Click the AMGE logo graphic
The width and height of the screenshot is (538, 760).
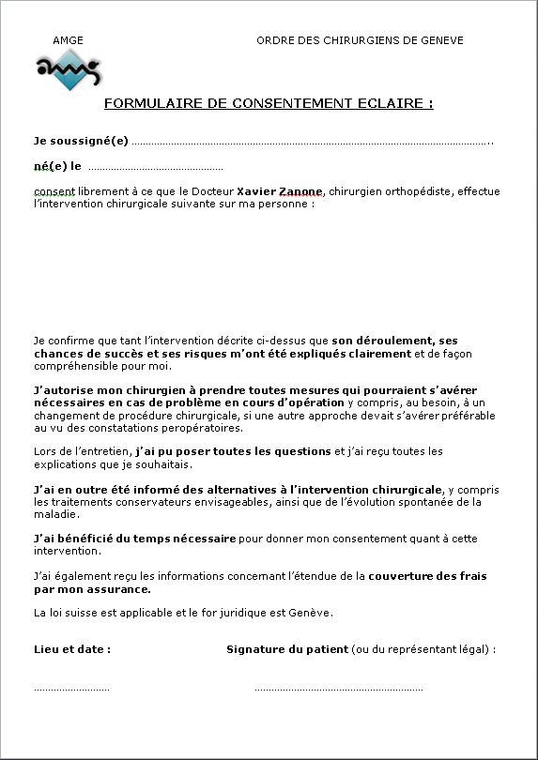(69, 70)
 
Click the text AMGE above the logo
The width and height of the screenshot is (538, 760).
(68, 40)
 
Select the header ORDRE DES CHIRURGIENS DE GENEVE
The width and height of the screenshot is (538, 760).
(360, 40)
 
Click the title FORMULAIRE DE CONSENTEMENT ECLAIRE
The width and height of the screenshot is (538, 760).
(268, 103)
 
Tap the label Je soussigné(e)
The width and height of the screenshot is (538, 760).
(81, 141)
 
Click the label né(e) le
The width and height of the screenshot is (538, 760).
(57, 166)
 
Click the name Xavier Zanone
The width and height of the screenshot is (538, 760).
(279, 190)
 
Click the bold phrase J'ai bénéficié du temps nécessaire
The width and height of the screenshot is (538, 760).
(134, 539)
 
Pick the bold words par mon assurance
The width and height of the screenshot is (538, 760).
(92, 589)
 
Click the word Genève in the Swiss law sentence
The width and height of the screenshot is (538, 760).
(312, 613)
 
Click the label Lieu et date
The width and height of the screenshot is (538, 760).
(72, 649)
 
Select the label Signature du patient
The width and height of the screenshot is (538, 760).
(287, 649)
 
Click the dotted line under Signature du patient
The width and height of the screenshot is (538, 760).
(338, 690)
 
